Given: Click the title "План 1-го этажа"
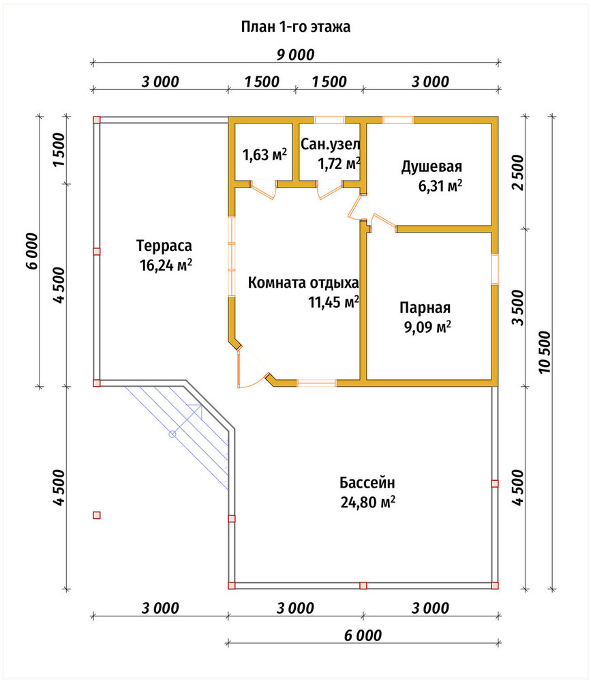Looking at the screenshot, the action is [x=296, y=27].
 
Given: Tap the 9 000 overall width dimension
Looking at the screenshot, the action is [x=296, y=55].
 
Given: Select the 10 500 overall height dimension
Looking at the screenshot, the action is [x=545, y=352].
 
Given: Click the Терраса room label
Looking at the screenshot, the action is [x=164, y=246].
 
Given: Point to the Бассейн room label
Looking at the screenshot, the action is [x=367, y=483].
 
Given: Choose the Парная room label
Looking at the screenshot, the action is [x=425, y=308].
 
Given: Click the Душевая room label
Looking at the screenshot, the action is [x=431, y=166].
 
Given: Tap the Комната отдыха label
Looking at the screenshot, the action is [x=303, y=283].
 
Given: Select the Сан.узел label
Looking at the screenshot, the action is [x=331, y=145].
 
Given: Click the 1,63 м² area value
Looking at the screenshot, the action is [x=264, y=155].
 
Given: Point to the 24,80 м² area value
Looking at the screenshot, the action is [x=368, y=503].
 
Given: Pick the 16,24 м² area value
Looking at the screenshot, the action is [x=166, y=265].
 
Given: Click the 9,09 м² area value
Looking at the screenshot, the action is [x=427, y=327].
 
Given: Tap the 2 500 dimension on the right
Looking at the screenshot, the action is [x=518, y=173].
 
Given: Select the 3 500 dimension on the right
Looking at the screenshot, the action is [x=518, y=308].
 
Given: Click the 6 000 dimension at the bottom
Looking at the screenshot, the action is [x=363, y=636].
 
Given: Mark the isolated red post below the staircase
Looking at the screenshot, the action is [x=97, y=516].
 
